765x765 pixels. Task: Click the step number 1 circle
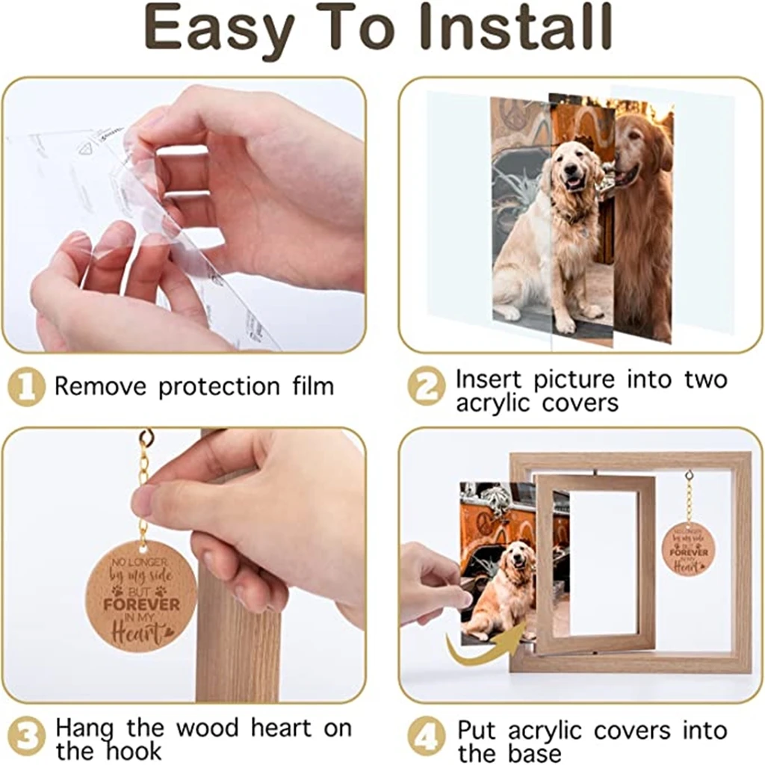tap(26, 387)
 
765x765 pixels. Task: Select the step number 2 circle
tap(427, 387)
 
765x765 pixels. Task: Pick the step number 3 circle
tap(26, 737)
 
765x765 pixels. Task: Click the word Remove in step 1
tap(102, 387)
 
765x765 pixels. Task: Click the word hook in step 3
tap(131, 750)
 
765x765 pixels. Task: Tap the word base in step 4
tap(532, 753)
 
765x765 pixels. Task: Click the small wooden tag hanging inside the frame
tap(688, 549)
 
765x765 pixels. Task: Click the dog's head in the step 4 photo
tap(520, 560)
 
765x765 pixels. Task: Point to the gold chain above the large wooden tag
tap(143, 486)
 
